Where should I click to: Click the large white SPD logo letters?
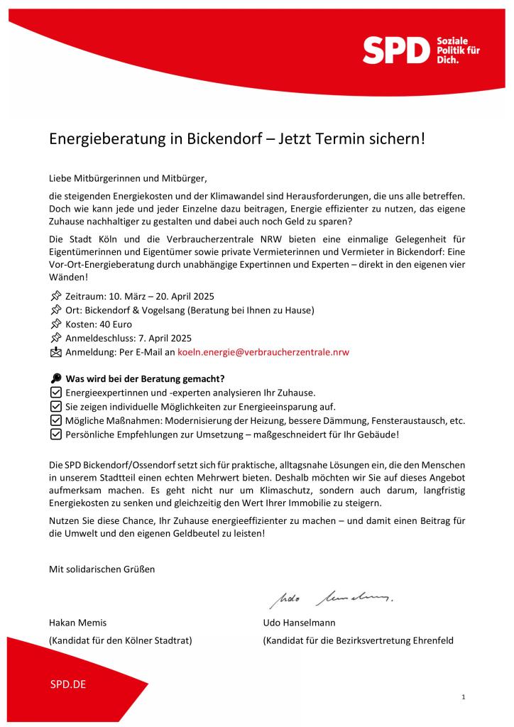(x=397, y=50)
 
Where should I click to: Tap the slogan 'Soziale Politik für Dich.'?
(x=457, y=51)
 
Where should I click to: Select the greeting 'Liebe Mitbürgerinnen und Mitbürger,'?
(x=128, y=177)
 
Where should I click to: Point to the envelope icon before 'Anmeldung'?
(x=55, y=351)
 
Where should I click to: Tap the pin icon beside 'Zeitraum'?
(x=55, y=295)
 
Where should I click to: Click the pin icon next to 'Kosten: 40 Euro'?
(x=55, y=324)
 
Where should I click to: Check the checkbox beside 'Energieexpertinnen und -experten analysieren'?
(x=55, y=393)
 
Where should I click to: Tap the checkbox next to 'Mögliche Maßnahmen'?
(x=55, y=420)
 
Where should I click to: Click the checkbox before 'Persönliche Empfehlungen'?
(x=55, y=434)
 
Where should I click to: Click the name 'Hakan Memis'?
(x=77, y=623)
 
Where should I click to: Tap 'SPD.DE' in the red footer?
(x=68, y=685)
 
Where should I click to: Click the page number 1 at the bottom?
(x=463, y=698)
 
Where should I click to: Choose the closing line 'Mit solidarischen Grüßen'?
(x=102, y=569)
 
